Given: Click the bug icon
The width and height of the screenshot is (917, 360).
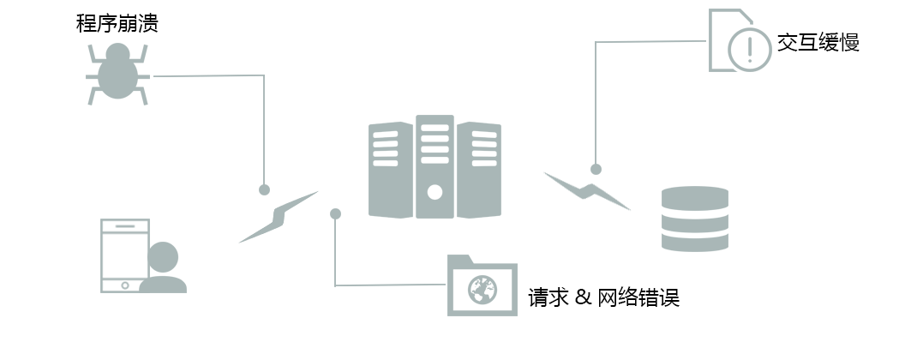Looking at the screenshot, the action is (x=118, y=75).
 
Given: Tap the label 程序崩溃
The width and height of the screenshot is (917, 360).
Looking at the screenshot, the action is (x=117, y=23).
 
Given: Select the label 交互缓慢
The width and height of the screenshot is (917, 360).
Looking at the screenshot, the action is (x=818, y=42).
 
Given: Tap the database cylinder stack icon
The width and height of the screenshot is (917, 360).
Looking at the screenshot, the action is (x=694, y=219).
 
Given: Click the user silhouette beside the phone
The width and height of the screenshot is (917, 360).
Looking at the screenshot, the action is (x=163, y=267).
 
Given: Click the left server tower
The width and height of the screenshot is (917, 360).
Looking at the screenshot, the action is (x=390, y=168).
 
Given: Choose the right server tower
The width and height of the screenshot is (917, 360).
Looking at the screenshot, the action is (x=479, y=168).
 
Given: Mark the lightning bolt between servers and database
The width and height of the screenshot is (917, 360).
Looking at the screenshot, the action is (x=587, y=190).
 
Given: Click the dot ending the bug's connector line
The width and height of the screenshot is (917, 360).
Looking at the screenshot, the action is (x=264, y=189).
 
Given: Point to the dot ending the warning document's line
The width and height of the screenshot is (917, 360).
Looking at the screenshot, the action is (x=596, y=169).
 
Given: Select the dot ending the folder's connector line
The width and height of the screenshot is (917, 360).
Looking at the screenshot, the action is (x=335, y=213).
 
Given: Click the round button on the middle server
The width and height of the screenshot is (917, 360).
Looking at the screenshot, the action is (x=435, y=191).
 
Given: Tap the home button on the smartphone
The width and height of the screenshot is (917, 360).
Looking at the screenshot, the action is (x=124, y=285).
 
